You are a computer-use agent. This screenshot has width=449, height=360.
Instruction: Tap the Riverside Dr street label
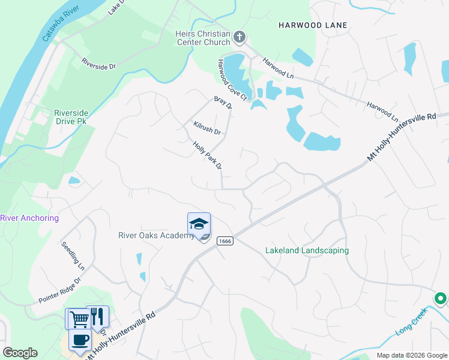[x=98, y=64]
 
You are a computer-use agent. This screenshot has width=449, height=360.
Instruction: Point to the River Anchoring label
[x=29, y=218]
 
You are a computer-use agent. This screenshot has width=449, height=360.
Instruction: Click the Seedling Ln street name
[x=73, y=254]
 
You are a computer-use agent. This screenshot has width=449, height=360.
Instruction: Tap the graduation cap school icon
[x=199, y=224]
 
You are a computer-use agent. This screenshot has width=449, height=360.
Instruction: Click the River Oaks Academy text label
[x=155, y=235]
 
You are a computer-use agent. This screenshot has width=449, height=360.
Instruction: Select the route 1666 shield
[x=225, y=241]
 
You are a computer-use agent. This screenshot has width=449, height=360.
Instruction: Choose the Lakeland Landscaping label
[x=307, y=250]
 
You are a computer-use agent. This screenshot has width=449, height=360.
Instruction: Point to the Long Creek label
[x=411, y=321]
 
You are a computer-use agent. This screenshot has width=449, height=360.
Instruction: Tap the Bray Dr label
[x=223, y=103]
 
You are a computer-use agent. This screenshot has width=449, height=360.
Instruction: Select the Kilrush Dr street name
[x=207, y=128]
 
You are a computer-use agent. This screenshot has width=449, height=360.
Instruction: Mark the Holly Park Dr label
[x=208, y=155]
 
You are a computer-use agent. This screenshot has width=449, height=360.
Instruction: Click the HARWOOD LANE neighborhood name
[x=313, y=25]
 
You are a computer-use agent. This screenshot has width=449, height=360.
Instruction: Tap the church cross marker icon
[x=240, y=38]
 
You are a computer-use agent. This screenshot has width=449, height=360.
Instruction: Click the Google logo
[x=20, y=353]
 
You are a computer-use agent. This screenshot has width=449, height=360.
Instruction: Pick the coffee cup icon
[x=80, y=340]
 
